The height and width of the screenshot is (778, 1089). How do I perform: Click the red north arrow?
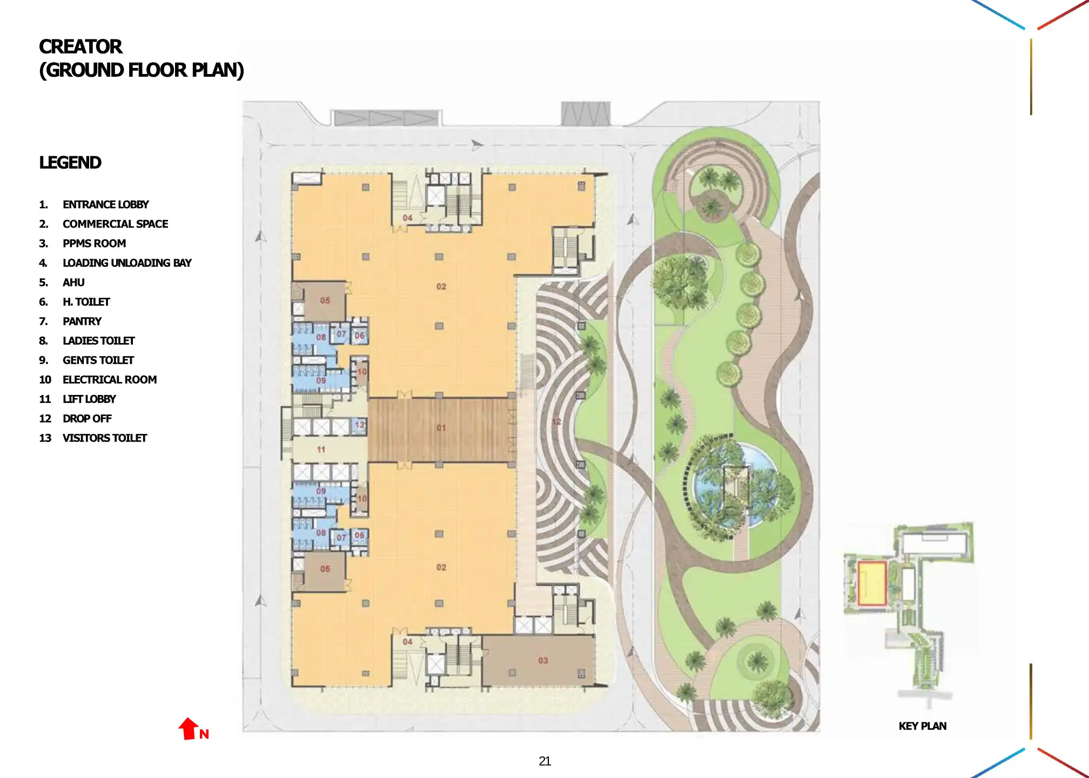coord(188,729)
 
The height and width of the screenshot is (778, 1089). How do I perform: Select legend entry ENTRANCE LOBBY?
coord(105,205)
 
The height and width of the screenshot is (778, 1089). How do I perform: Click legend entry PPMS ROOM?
coord(94,244)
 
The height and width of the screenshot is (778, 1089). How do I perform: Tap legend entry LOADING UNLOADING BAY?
coord(127,263)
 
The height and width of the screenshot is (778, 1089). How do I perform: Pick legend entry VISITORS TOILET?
coord(104,438)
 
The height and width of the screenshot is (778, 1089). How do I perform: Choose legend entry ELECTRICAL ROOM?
coord(109,380)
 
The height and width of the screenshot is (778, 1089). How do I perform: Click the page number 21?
coord(544,761)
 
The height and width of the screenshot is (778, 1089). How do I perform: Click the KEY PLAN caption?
coord(922,726)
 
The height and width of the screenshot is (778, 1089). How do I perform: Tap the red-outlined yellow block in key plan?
coord(872,583)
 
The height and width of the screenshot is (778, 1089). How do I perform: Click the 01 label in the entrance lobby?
coord(441,428)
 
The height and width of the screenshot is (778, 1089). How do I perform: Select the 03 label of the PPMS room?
coord(543,660)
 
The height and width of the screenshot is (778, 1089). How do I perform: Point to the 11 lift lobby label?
coord(321,450)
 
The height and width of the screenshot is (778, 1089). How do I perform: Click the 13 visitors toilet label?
coord(360,425)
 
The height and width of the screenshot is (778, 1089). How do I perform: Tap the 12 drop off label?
coord(557,421)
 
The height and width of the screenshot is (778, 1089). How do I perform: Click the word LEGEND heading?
coord(70,163)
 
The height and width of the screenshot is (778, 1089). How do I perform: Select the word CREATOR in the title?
coord(80,47)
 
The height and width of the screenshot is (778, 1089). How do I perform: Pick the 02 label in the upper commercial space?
coord(441,286)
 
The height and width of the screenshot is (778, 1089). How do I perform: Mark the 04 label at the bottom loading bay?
coord(407,642)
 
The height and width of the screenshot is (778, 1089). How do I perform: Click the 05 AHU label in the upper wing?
coord(325,300)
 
